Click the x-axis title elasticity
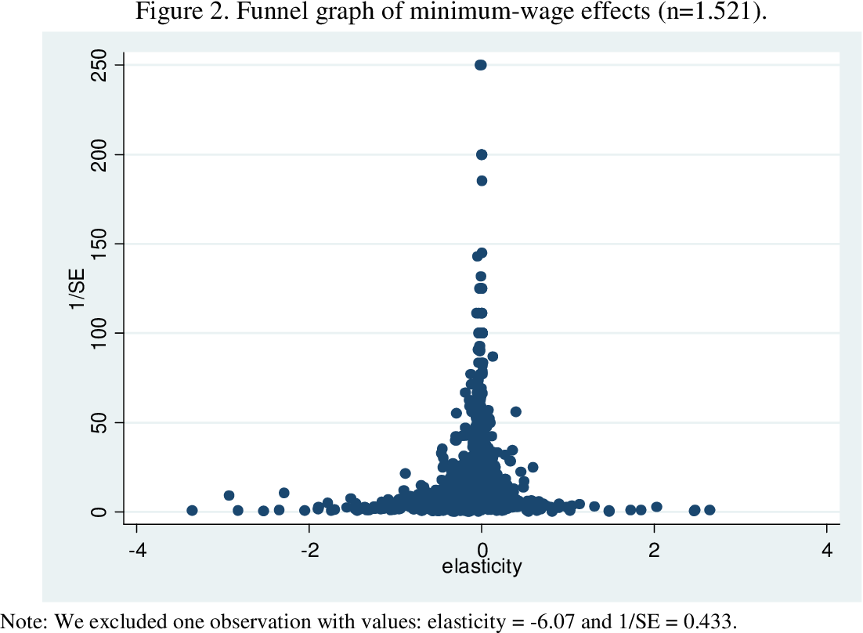click(482, 566)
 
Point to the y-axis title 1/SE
click(78, 288)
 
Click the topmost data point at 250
click(480, 65)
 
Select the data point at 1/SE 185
click(482, 181)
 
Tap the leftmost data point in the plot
click(192, 510)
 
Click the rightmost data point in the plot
click(710, 510)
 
